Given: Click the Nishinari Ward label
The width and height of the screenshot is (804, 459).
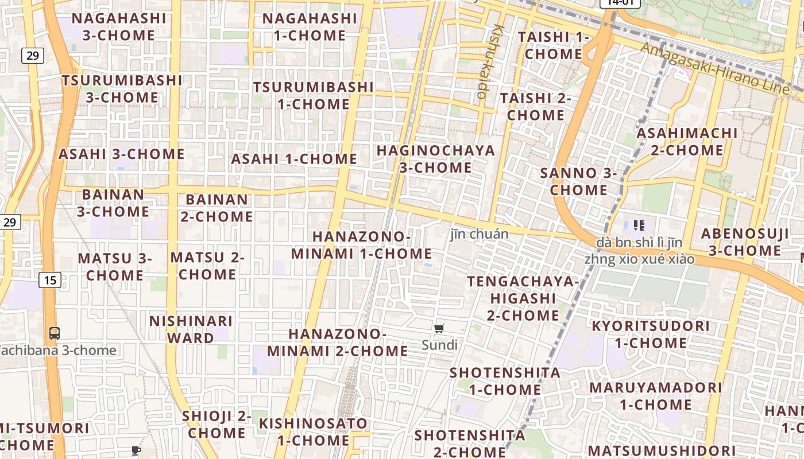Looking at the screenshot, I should (191, 329).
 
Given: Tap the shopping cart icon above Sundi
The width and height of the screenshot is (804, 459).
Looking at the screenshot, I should (439, 329).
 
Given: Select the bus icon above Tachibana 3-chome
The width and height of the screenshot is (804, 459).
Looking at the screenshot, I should (55, 333).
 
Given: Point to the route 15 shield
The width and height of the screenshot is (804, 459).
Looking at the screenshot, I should (51, 280).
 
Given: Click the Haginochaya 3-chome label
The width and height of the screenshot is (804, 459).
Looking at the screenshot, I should (435, 159).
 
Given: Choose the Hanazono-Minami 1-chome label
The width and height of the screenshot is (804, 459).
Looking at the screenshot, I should (361, 245).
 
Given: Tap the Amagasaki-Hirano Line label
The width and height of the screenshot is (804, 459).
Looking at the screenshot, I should (714, 67).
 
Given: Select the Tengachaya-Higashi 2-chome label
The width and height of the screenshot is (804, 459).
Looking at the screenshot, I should (523, 298).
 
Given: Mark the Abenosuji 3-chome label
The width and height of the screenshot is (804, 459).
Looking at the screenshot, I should (745, 242).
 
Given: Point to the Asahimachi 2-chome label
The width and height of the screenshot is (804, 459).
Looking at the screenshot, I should (687, 141).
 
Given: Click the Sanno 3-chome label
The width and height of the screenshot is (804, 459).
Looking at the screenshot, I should (579, 181).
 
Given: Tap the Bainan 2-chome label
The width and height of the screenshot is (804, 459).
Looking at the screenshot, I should (217, 208).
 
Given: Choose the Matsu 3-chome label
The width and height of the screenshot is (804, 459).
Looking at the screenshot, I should (115, 267).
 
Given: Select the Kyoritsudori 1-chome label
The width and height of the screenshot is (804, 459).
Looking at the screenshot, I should (651, 334).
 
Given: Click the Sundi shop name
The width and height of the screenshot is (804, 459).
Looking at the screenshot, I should (439, 345).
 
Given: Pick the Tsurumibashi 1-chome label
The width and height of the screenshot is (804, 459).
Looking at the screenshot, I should (313, 95).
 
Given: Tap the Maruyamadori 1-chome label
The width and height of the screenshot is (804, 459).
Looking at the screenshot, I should (655, 395).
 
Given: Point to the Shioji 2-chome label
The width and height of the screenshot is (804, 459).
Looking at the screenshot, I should (217, 425).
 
